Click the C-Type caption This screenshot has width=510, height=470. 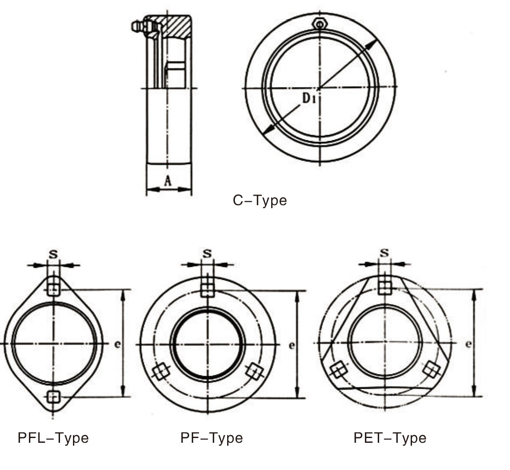[x=260, y=200]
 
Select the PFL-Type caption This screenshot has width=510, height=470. [x=53, y=438]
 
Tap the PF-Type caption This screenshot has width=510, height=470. [x=212, y=438]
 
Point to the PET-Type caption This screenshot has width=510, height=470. [x=390, y=438]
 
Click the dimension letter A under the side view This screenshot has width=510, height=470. [x=168, y=181]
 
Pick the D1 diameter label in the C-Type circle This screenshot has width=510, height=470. [x=309, y=98]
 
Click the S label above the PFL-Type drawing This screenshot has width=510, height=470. [x=53, y=254]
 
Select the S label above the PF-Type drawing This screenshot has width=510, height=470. [x=208, y=254]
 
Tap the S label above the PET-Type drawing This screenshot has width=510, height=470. [x=384, y=253]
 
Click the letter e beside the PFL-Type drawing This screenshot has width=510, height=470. [x=117, y=344]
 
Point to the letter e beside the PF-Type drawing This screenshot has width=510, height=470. [x=292, y=345]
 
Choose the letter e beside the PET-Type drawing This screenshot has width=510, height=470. [x=469, y=344]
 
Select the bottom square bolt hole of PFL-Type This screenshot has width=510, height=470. [x=53, y=396]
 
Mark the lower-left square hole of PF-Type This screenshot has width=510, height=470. [x=161, y=372]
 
